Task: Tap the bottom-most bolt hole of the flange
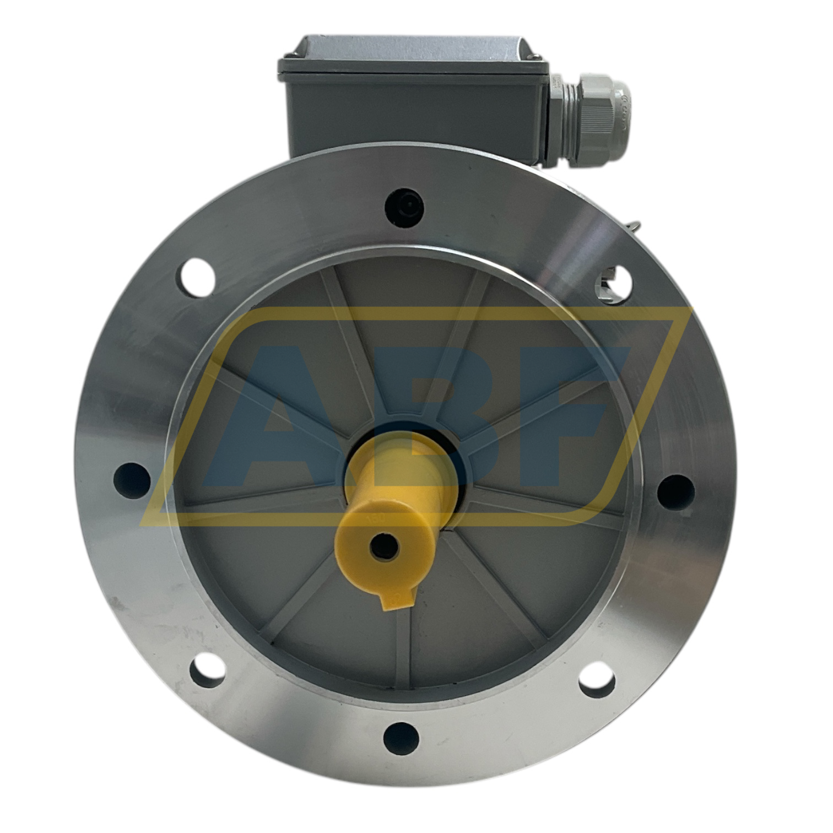pyautogui.click(x=401, y=737)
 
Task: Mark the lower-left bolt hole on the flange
pyautogui.click(x=207, y=673)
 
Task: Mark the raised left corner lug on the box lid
pyautogui.click(x=293, y=54)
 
